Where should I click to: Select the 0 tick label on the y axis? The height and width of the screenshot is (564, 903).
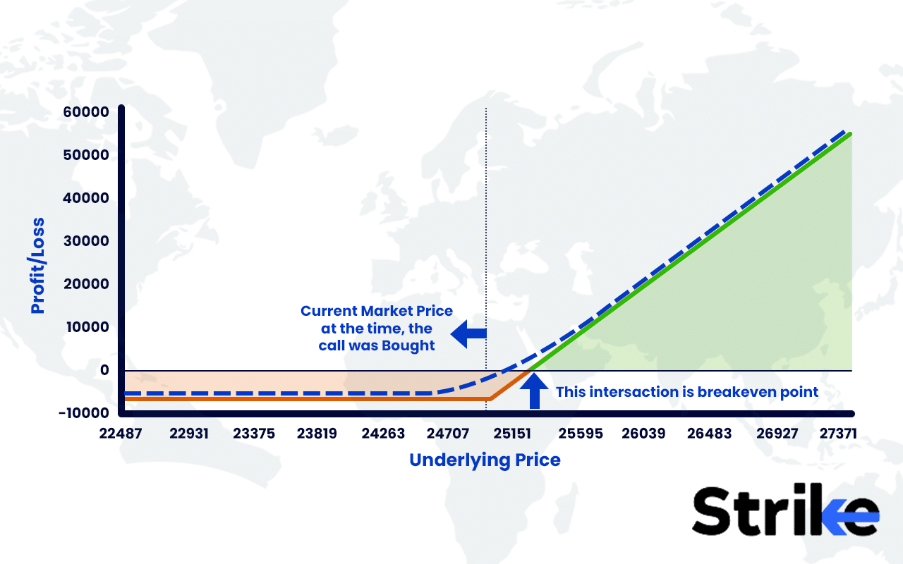click(x=104, y=370)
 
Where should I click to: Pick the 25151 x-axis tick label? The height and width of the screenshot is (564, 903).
click(x=513, y=432)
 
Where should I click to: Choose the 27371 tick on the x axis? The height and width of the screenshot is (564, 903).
click(x=839, y=432)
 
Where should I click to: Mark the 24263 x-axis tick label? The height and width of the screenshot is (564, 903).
click(x=383, y=432)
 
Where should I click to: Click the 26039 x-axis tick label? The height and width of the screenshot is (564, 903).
click(x=643, y=432)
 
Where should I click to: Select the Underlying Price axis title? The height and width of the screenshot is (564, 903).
click(x=485, y=460)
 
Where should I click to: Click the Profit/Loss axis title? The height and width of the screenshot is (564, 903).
click(x=37, y=266)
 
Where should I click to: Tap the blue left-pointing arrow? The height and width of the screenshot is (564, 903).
click(x=468, y=334)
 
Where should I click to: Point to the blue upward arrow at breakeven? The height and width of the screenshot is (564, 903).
click(x=534, y=392)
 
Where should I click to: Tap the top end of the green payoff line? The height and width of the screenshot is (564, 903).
click(x=852, y=133)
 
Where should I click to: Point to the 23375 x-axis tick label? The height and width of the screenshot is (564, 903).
click(x=253, y=432)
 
